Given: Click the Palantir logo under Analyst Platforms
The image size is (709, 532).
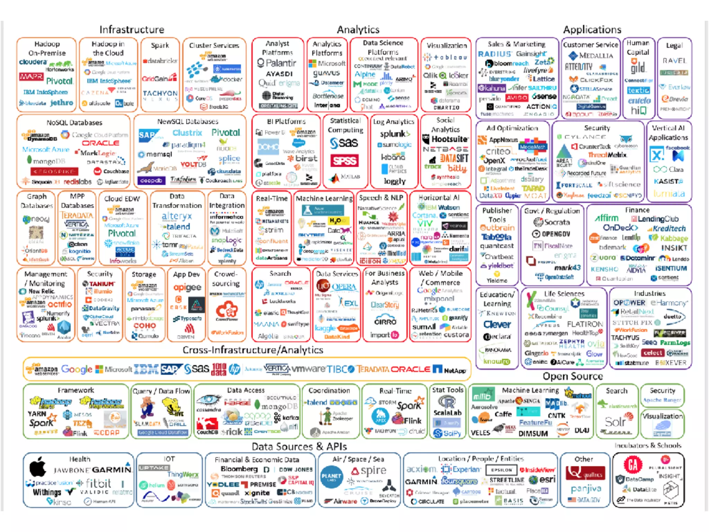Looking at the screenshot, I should [x=277, y=63].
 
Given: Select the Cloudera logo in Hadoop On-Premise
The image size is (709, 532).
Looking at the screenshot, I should [x=33, y=62].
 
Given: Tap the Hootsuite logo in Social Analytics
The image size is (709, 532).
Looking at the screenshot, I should [x=446, y=139].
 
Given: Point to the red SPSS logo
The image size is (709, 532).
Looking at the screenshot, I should [x=344, y=161].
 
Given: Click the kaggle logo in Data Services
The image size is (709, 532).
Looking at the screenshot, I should [x=325, y=328].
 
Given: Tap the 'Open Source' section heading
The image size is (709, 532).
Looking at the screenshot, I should [x=573, y=376].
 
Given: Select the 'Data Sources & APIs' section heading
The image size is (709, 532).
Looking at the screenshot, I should [x=299, y=446].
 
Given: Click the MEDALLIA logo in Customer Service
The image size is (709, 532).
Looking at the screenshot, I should [x=591, y=56].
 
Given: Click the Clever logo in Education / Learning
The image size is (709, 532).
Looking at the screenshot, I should [x=497, y=325].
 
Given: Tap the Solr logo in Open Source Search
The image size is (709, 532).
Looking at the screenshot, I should [x=615, y=422].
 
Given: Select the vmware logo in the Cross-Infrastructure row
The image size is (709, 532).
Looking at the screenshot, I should [x=309, y=369].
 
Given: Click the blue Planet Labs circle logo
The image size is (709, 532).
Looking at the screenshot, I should [x=331, y=477].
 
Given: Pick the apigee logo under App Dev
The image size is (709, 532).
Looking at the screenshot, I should [x=187, y=287].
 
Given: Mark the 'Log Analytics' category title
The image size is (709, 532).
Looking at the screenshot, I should [x=393, y=122].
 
